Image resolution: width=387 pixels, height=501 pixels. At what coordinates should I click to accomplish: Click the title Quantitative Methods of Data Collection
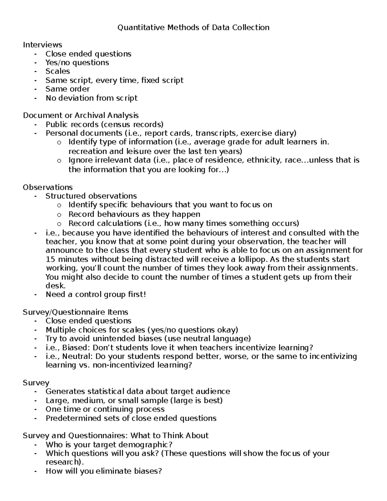(x=193, y=27)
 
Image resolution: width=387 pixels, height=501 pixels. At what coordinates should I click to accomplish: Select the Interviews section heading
(x=42, y=45)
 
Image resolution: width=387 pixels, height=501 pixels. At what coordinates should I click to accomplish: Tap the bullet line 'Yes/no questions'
(x=77, y=62)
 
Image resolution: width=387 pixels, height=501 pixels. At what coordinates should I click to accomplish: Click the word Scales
(x=57, y=71)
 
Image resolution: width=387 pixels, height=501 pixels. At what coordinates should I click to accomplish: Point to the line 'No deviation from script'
(x=91, y=98)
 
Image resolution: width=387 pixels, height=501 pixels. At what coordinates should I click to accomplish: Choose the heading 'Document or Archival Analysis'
(x=81, y=115)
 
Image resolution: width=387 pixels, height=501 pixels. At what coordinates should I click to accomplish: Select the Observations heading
(x=48, y=187)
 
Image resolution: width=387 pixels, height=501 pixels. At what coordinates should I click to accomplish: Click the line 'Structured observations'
(x=91, y=196)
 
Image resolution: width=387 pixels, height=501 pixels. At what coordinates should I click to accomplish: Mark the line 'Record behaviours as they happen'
(x=134, y=214)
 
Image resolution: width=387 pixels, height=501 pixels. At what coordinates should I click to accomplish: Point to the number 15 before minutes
(x=50, y=259)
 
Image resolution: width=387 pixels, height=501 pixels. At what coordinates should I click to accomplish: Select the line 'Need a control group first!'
(x=96, y=294)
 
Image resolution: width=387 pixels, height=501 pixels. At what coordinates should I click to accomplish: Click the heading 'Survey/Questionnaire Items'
(x=75, y=312)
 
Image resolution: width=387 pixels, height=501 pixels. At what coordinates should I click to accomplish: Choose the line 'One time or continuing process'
(x=105, y=409)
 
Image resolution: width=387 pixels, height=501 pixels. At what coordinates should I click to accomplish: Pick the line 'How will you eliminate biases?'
(x=103, y=471)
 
